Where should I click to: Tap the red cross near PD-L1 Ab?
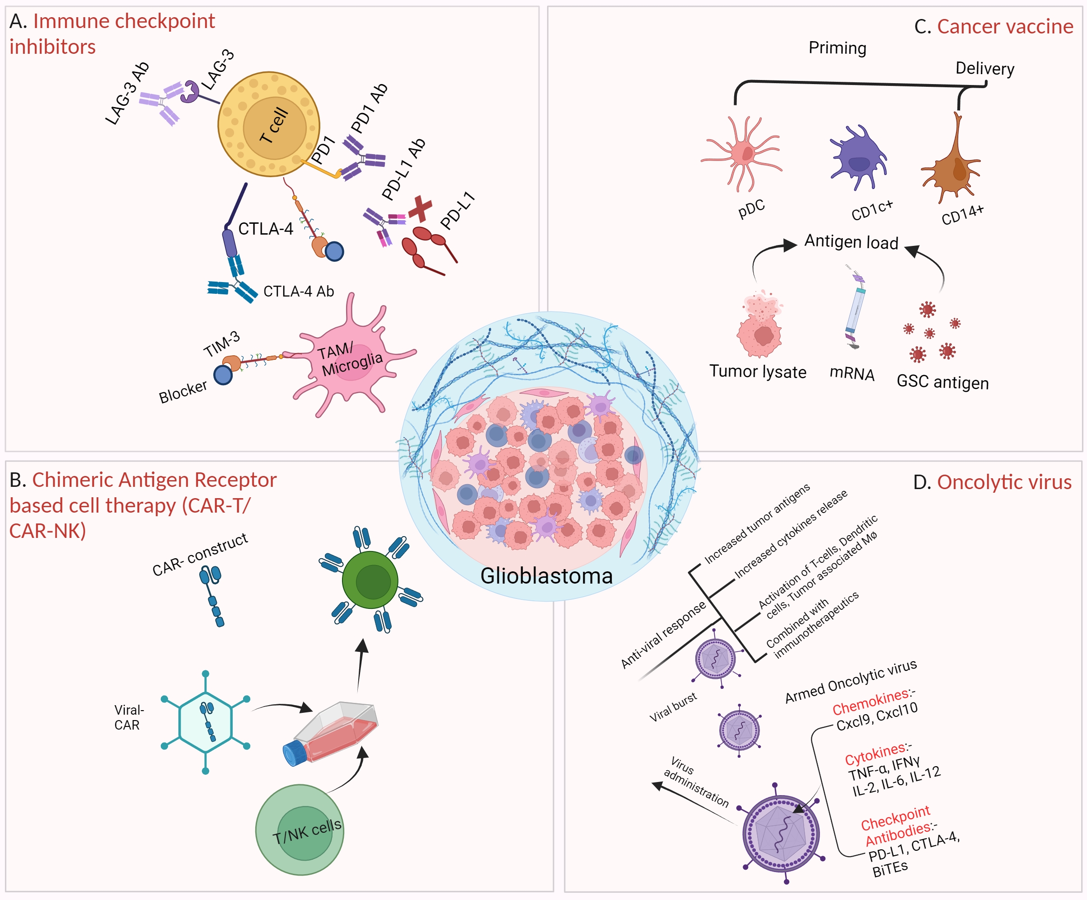point(420,208)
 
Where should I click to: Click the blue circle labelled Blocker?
point(223,375)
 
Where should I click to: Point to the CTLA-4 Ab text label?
point(299,292)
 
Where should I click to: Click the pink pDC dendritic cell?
point(743,154)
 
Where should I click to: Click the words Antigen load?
point(851,242)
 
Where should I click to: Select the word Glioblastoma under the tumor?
point(546,576)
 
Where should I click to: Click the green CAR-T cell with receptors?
point(370,580)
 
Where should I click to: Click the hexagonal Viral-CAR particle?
point(206,722)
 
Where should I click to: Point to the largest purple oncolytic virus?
point(781,834)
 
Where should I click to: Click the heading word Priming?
point(837,47)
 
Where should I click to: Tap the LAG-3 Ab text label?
point(127,94)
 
